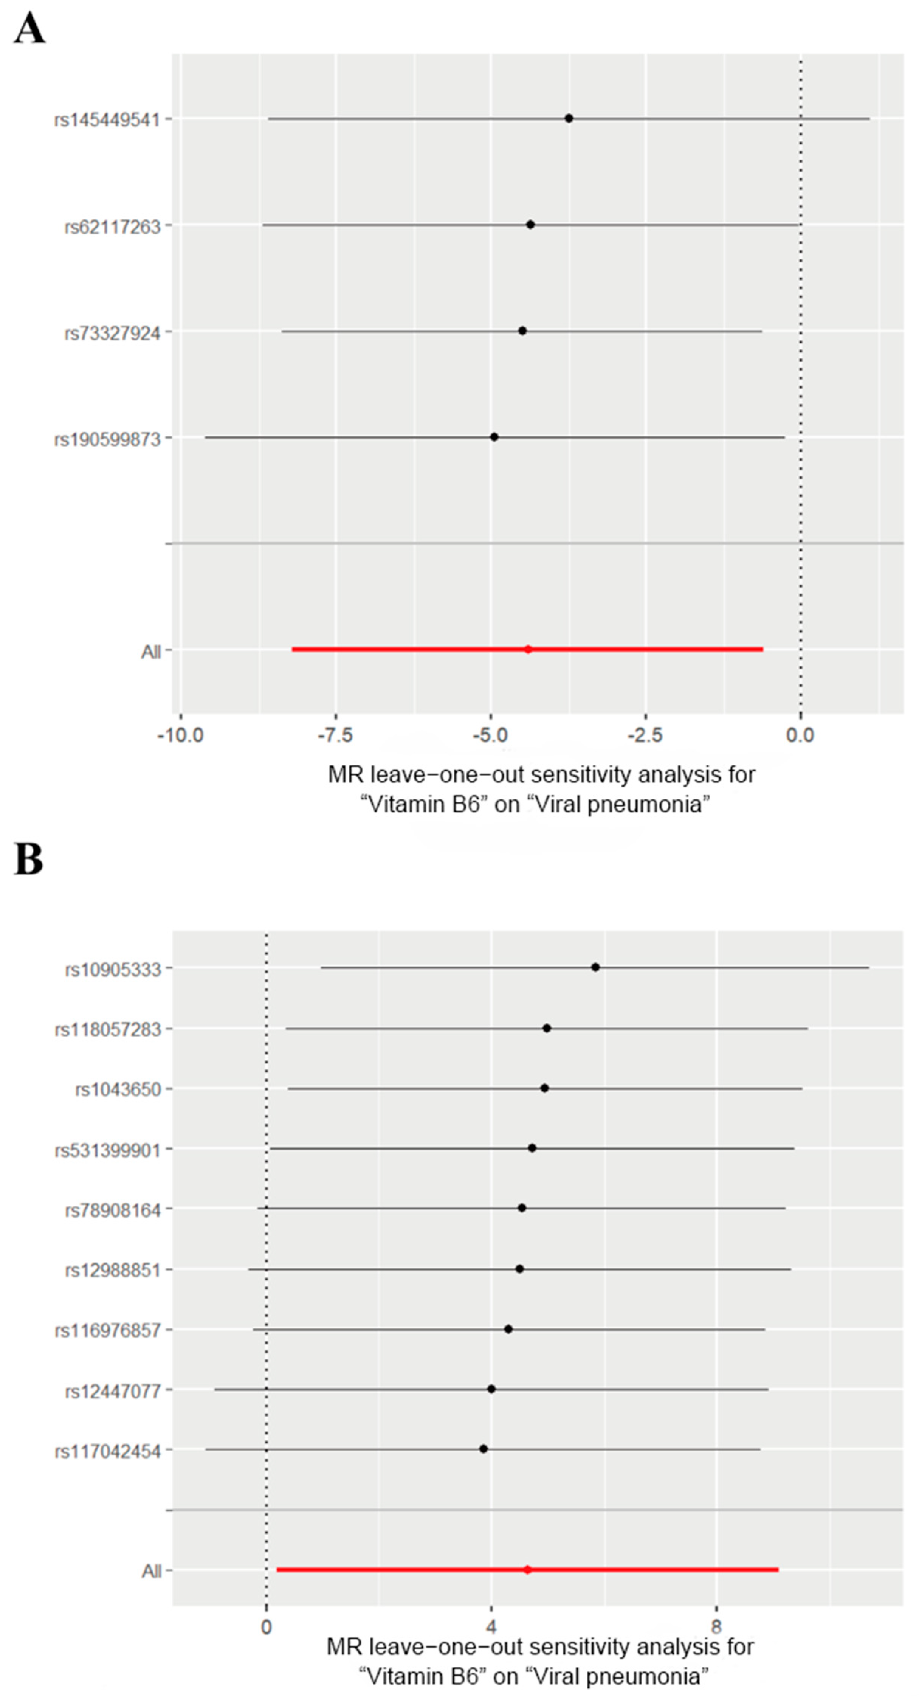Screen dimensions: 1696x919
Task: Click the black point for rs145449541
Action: coord(569,118)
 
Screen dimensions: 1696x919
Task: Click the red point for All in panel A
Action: coord(528,649)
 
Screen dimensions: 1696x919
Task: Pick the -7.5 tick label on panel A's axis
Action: coord(336,735)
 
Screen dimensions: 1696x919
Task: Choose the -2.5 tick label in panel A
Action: coord(645,735)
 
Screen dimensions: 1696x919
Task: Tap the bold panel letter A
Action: coord(29,29)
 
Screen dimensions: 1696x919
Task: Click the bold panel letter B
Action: coord(28,860)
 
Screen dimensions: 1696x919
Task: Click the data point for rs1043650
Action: coord(544,1088)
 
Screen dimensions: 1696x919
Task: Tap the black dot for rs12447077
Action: coord(491,1389)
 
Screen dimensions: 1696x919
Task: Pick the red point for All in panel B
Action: coord(527,1570)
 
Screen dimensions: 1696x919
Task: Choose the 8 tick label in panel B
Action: coord(716,1627)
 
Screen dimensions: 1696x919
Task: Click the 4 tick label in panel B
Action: coord(491,1627)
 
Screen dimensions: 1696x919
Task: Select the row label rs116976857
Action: coord(108,1331)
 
